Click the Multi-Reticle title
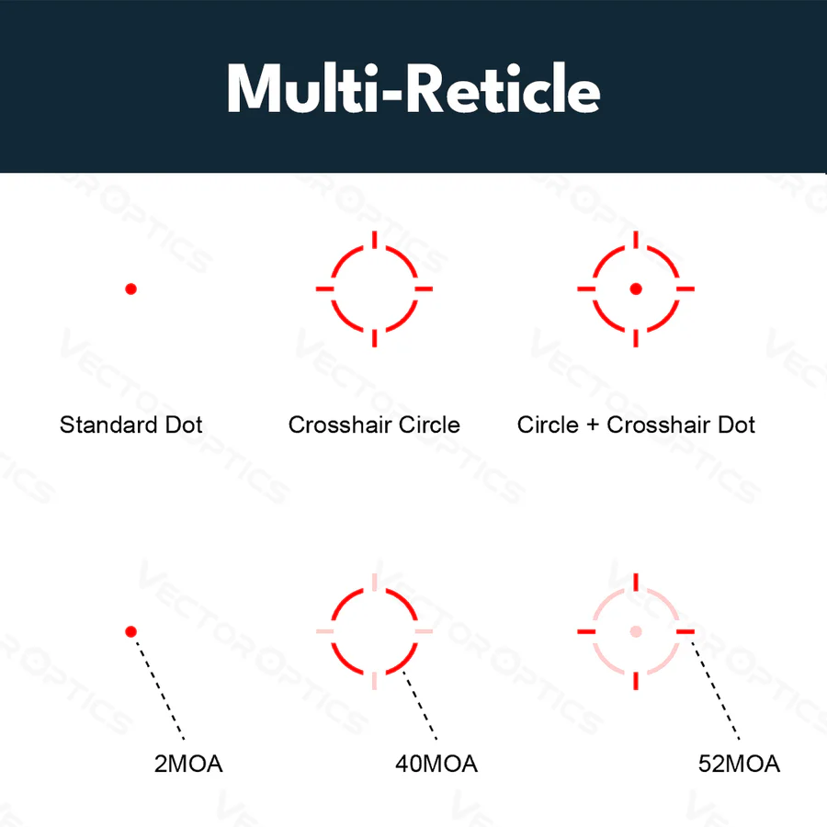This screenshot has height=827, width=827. click(x=413, y=88)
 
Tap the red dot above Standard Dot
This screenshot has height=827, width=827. click(x=130, y=289)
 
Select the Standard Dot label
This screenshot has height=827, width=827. click(x=130, y=425)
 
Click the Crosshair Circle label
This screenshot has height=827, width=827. click(x=374, y=425)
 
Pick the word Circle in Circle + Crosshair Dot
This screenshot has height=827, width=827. click(x=548, y=425)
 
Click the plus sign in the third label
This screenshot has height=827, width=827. click(x=593, y=425)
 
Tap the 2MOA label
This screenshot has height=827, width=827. click(x=188, y=764)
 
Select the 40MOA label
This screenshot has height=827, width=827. click(x=436, y=764)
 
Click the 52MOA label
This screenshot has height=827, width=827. click(x=739, y=764)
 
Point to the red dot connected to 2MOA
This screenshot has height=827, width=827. click(x=130, y=631)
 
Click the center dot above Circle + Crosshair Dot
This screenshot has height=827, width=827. click(x=636, y=289)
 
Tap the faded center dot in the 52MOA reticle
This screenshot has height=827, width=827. click(x=636, y=631)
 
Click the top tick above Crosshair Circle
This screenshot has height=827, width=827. click(x=375, y=240)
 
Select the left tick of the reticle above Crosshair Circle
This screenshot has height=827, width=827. click(x=325, y=289)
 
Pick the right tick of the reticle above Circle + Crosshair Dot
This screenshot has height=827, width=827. click(x=685, y=289)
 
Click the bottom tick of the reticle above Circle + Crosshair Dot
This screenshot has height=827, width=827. click(x=636, y=338)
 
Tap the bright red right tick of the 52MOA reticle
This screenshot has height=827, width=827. click(x=685, y=631)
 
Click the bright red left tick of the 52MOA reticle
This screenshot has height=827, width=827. click(x=586, y=631)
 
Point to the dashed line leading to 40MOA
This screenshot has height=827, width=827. click(x=420, y=705)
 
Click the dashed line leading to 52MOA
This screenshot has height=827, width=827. click(x=715, y=690)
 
